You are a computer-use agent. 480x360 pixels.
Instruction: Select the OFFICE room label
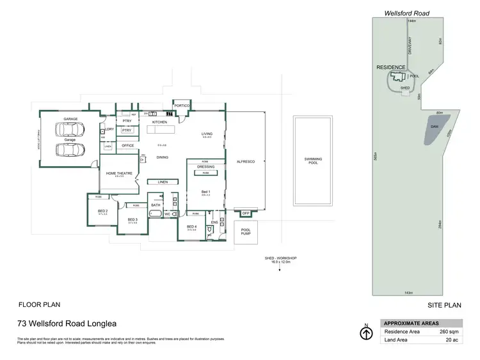point(128,145)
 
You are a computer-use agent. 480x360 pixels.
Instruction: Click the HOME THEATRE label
point(116,173)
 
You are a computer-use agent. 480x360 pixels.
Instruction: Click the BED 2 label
point(102,210)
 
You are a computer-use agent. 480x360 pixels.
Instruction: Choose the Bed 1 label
point(205,192)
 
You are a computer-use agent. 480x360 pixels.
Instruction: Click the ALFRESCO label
point(246,162)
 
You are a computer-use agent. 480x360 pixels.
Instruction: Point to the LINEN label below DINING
point(163,182)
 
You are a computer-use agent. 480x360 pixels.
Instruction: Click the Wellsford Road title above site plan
point(407,12)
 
